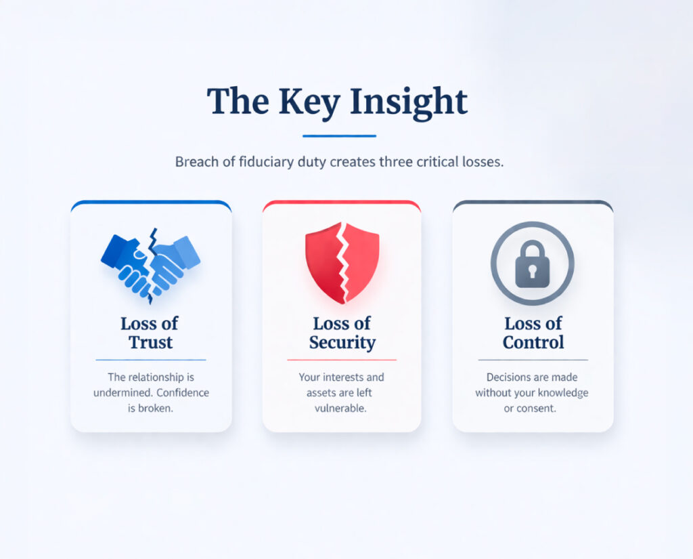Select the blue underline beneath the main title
pos(339,136)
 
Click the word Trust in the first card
pos(151,342)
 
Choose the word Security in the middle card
pos(342,342)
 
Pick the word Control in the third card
pos(533,342)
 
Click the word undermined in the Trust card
pos(122,393)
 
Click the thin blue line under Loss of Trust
pos(151,360)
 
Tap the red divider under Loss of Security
pos(342,360)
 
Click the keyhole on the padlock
pos(532,273)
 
